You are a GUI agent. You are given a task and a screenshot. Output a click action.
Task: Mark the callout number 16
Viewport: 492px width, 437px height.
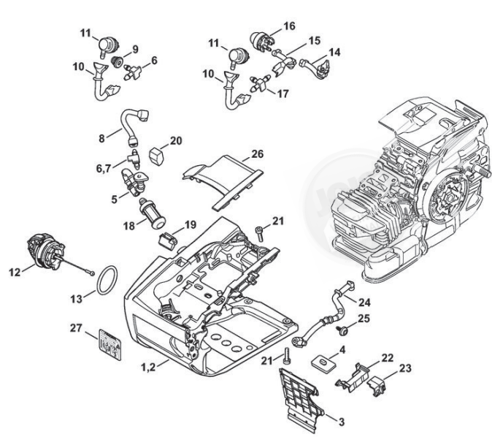point(290,26)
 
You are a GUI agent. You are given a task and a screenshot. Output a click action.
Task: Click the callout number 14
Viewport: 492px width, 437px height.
point(335,53)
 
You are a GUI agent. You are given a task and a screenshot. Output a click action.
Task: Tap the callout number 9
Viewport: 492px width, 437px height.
point(135,49)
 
